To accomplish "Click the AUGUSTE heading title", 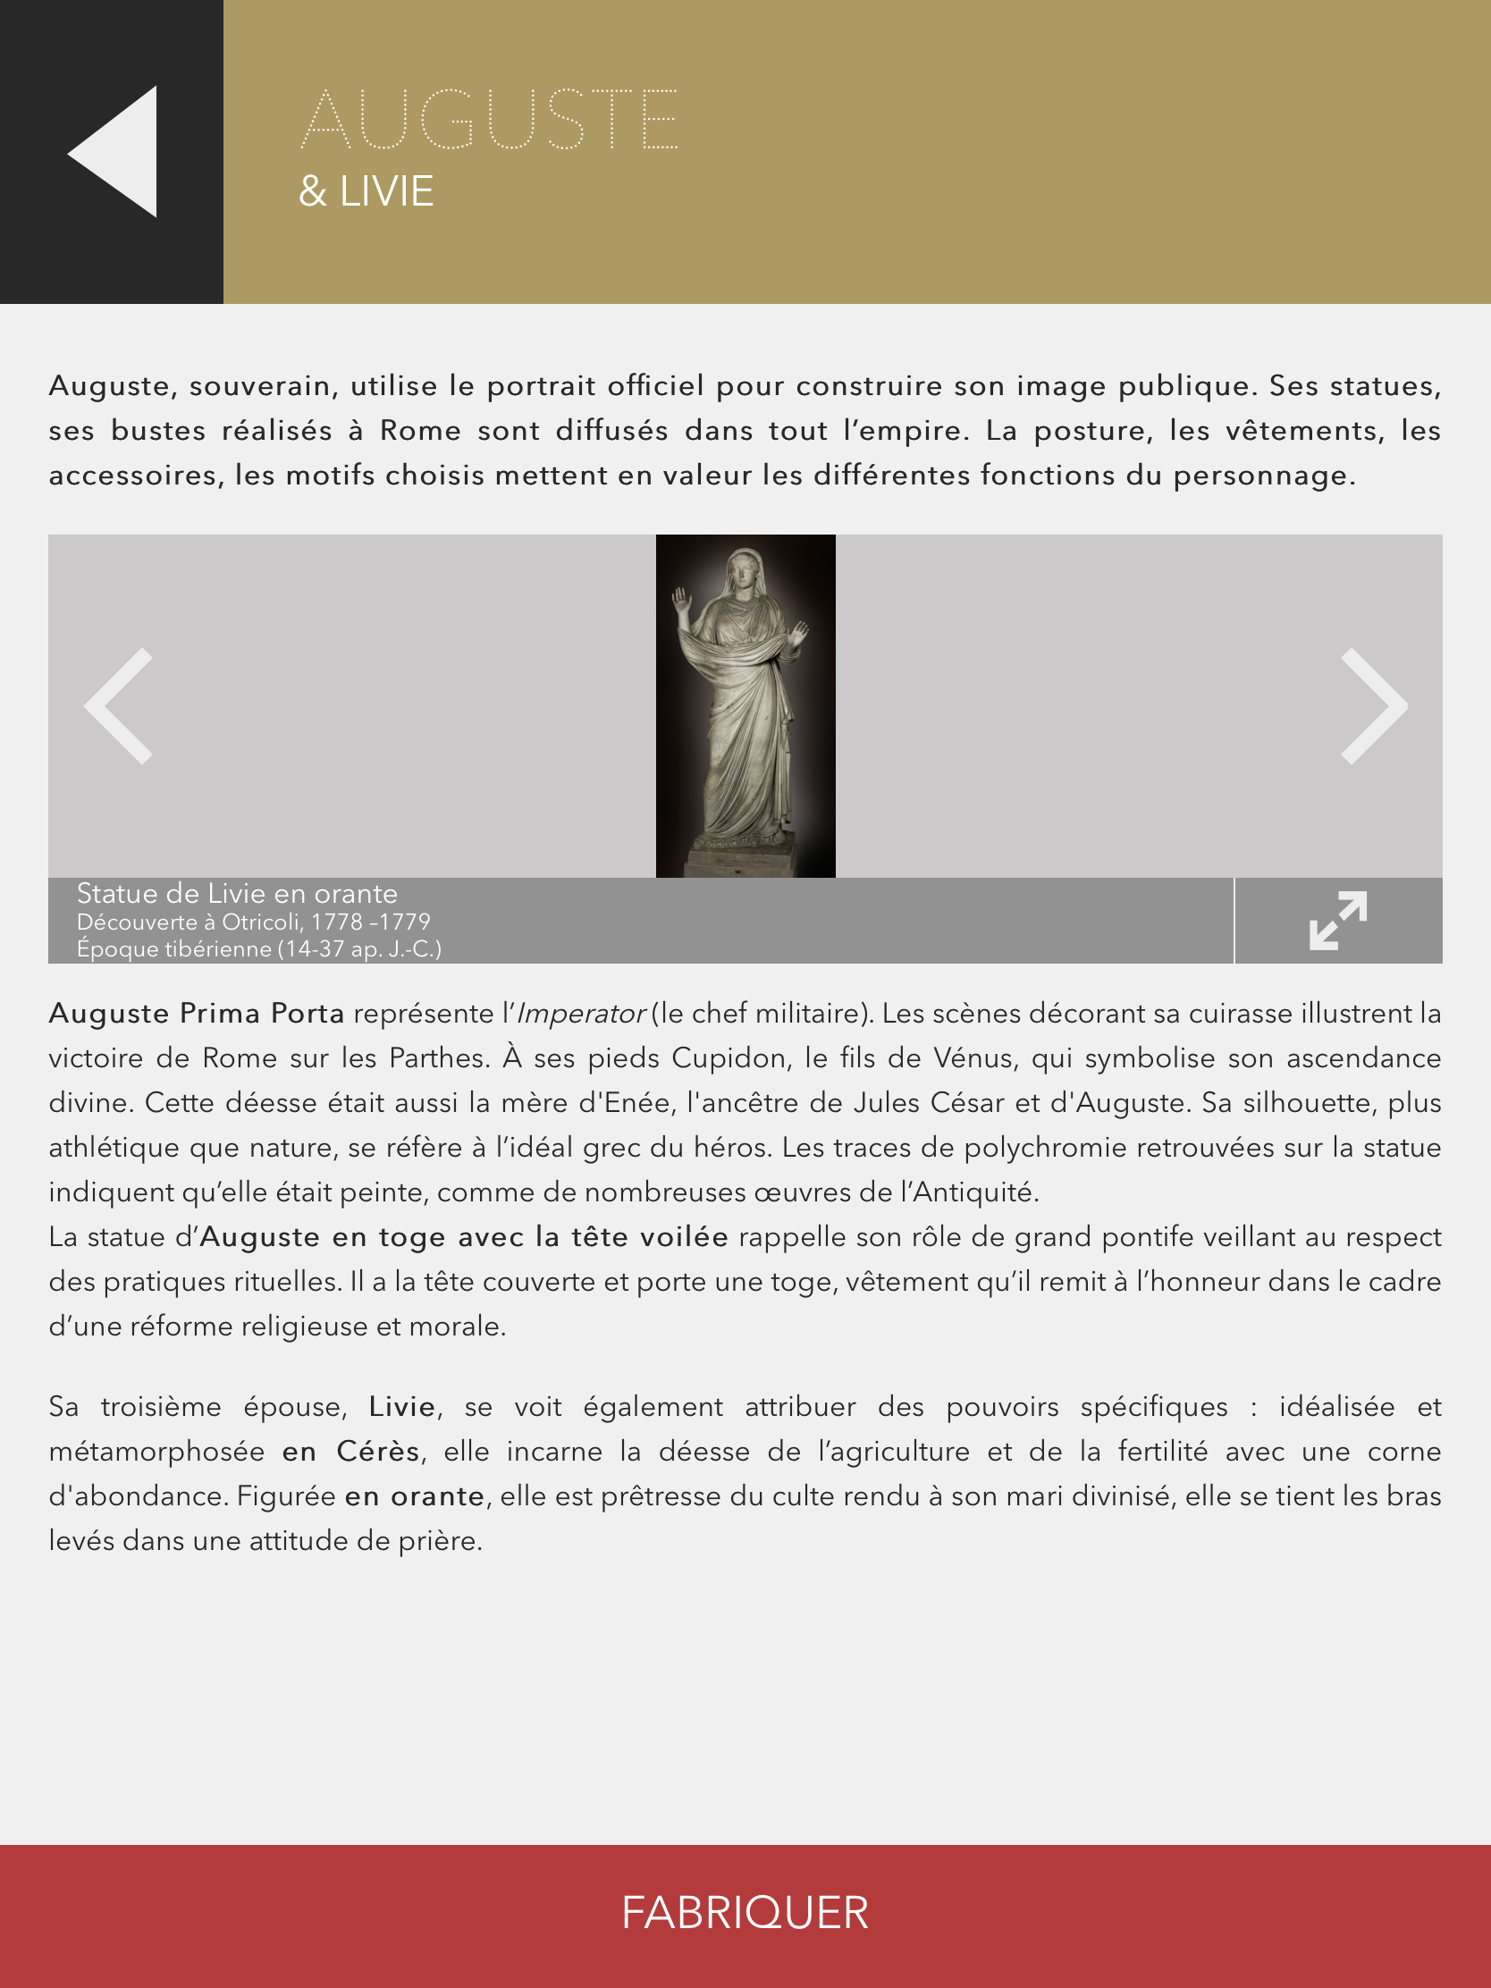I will pyautogui.click(x=490, y=120).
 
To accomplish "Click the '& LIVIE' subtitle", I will pyautogui.click(x=366, y=191).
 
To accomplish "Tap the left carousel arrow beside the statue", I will pyautogui.click(x=119, y=705).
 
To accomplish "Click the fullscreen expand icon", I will pyautogui.click(x=1337, y=921).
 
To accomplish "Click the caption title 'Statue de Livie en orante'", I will pyautogui.click(x=237, y=893).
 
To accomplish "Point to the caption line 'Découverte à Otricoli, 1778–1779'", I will pyautogui.click(x=254, y=922).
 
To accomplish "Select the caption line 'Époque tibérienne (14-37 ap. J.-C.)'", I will pyautogui.click(x=259, y=948).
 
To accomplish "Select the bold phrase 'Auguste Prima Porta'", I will pyautogui.click(x=197, y=1014).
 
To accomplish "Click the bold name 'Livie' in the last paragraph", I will pyautogui.click(x=401, y=1406).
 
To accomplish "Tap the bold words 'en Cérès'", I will pyautogui.click(x=350, y=1452).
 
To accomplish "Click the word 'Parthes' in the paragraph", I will pyautogui.click(x=439, y=1057).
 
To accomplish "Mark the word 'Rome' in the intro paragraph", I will pyautogui.click(x=420, y=431).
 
